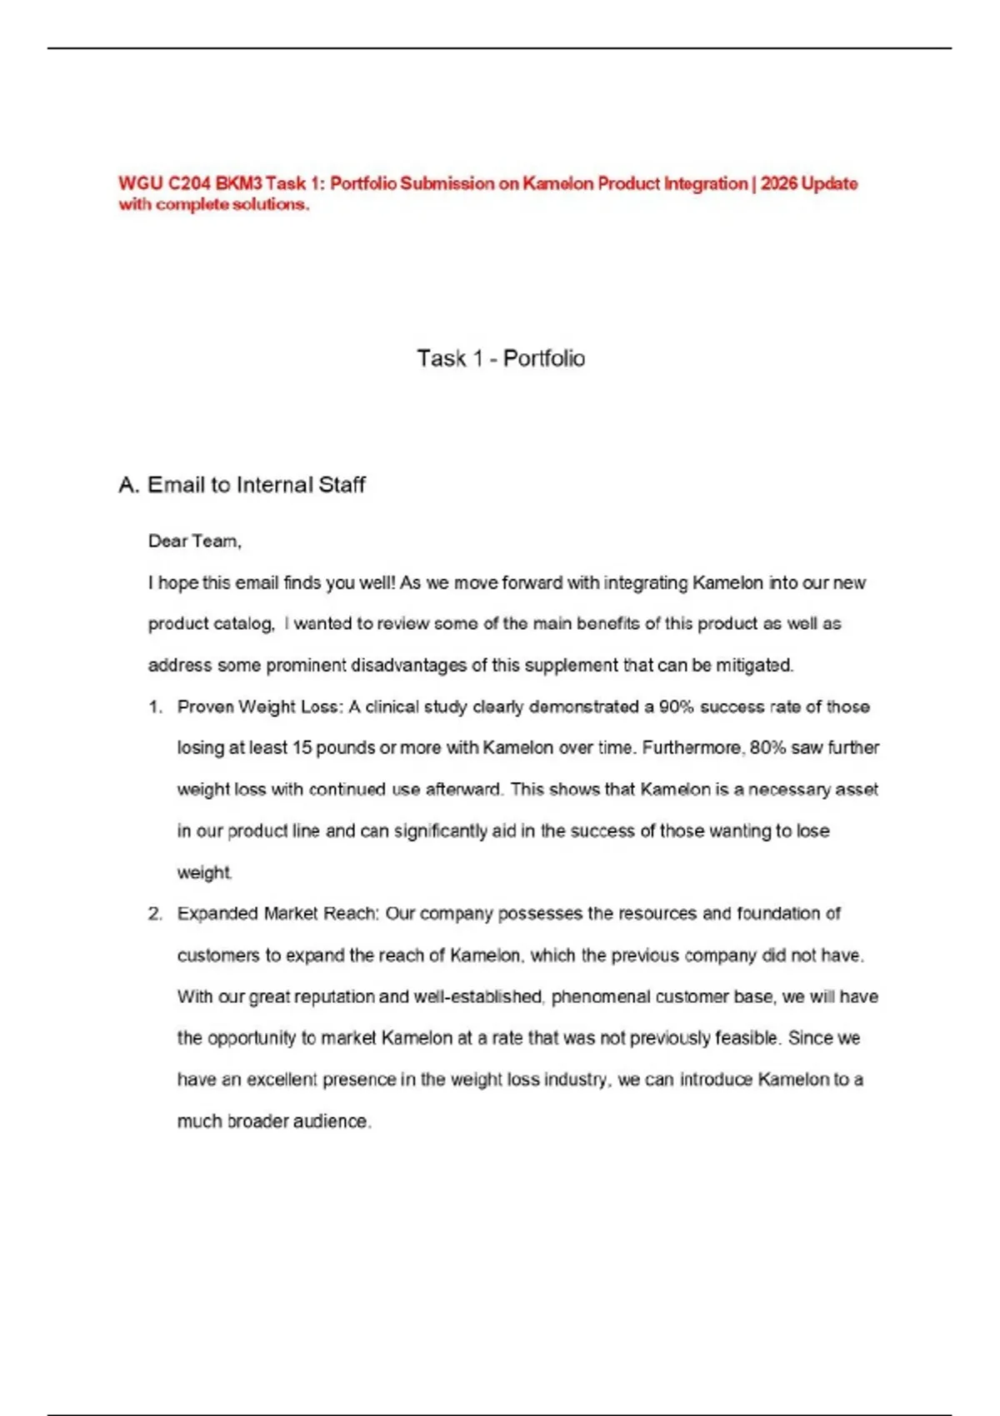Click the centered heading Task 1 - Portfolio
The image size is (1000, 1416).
(501, 358)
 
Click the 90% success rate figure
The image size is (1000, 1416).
(676, 707)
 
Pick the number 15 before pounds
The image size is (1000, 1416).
(302, 748)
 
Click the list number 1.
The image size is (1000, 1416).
(154, 707)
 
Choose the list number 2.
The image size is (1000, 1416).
(155, 914)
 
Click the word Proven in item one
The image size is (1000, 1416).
(205, 707)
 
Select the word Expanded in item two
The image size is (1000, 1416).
(217, 914)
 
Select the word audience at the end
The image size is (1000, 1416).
(330, 1122)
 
